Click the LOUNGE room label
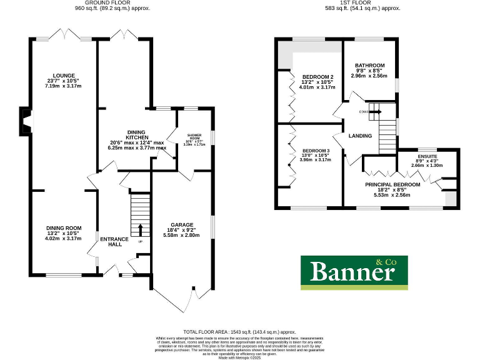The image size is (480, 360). (64, 76)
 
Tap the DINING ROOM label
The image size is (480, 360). (64, 228)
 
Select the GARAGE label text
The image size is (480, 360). (182, 224)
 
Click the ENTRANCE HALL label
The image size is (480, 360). (114, 242)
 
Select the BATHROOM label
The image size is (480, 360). (369, 65)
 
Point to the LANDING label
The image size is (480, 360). (360, 136)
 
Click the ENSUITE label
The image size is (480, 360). (427, 156)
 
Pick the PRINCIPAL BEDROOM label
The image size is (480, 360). (400, 185)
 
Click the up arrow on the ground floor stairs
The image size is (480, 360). (140, 229)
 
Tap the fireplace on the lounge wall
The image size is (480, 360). (25, 121)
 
